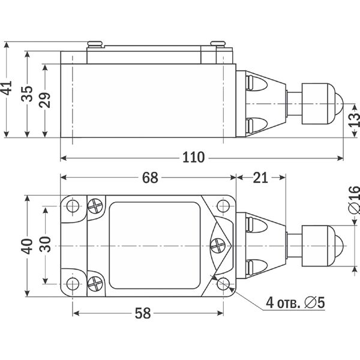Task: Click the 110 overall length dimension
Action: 193,158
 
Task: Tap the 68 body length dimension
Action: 150,178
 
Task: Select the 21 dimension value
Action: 260,178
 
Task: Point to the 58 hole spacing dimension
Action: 143,313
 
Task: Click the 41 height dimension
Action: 7,88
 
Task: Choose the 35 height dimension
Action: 27,94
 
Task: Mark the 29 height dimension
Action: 45,100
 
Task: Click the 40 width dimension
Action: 27,247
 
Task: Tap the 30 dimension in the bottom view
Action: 45,244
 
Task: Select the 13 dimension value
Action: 354,120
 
